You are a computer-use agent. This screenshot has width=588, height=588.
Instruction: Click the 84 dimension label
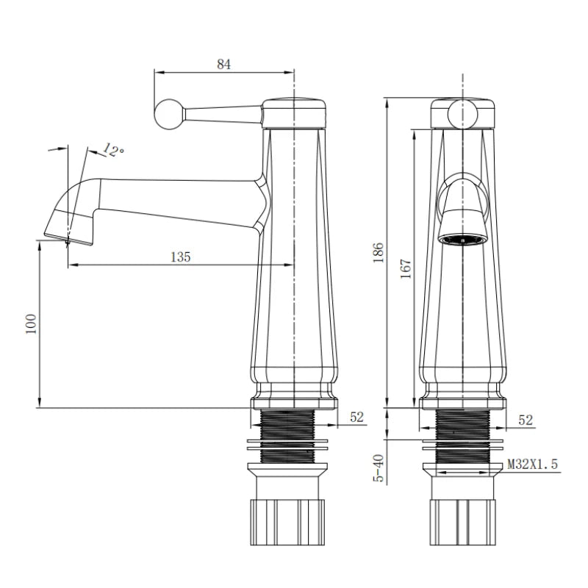pyautogui.click(x=223, y=64)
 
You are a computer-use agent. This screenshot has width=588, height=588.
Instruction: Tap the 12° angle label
pyautogui.click(x=113, y=150)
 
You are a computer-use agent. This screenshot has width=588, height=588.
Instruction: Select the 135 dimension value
pyautogui.click(x=180, y=257)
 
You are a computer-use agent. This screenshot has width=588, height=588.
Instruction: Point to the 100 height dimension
pyautogui.click(x=31, y=323)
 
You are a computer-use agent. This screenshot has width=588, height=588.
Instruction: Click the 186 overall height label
pyautogui.click(x=379, y=252)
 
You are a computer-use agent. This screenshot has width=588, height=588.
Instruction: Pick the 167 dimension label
pyautogui.click(x=406, y=268)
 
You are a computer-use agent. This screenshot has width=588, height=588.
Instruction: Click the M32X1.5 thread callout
pyautogui.click(x=532, y=465)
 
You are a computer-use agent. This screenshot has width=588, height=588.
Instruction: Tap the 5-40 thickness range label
pyautogui.click(x=379, y=468)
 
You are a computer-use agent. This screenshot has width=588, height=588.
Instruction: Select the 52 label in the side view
pyautogui.click(x=356, y=417)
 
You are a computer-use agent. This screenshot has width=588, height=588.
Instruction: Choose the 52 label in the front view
pyautogui.click(x=526, y=420)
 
